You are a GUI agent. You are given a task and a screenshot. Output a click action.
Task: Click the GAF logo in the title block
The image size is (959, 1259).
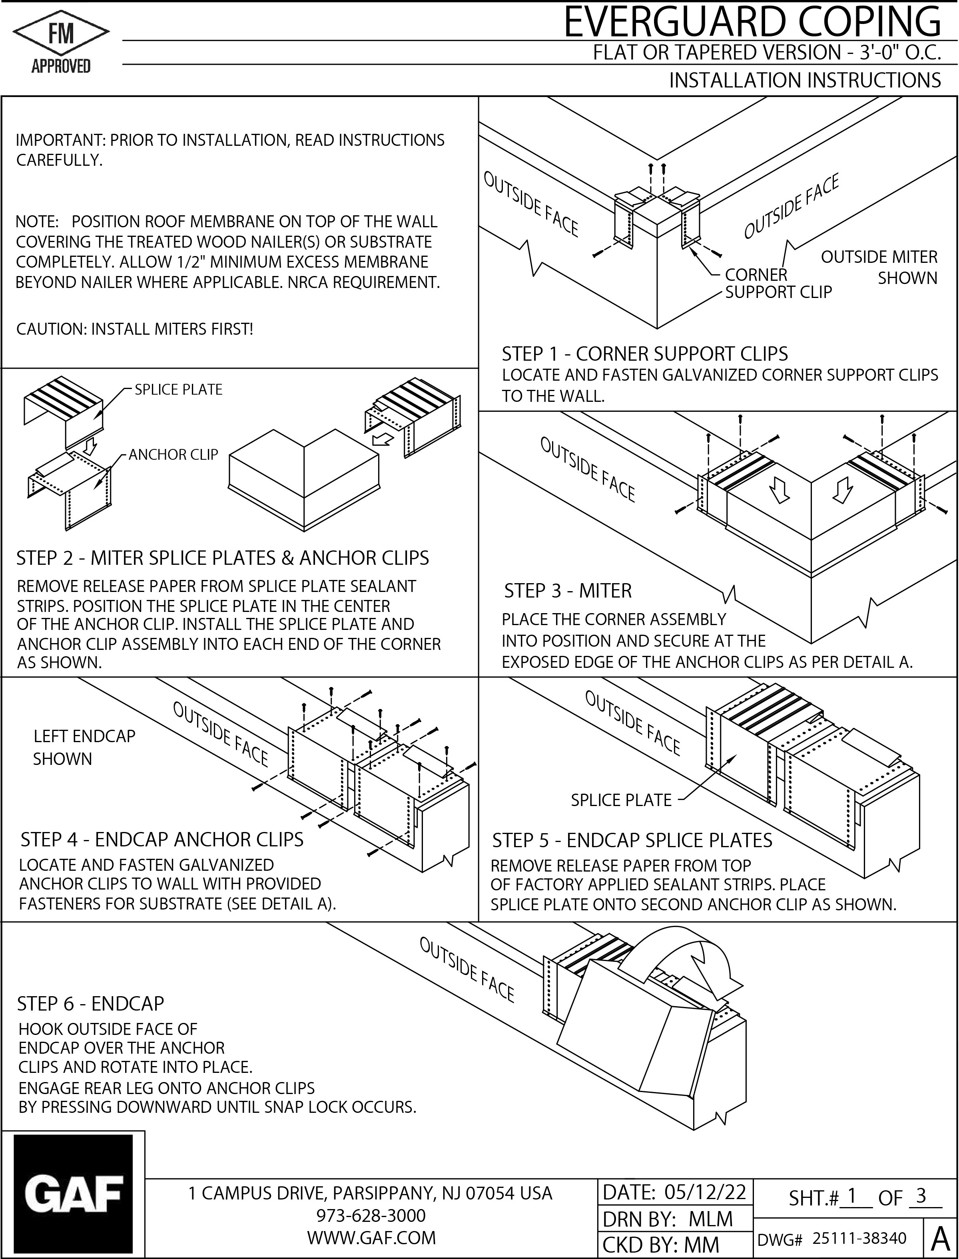click(74, 1193)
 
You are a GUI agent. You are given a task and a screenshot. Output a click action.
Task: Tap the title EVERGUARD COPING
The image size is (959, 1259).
click(752, 23)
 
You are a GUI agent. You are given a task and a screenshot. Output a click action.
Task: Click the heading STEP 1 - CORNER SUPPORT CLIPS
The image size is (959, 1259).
click(644, 354)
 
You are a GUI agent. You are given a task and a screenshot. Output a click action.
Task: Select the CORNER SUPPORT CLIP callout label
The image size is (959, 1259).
click(778, 284)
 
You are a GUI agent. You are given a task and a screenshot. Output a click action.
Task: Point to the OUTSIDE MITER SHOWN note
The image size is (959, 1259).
click(879, 268)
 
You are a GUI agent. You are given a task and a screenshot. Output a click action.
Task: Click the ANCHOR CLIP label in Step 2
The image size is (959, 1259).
click(173, 455)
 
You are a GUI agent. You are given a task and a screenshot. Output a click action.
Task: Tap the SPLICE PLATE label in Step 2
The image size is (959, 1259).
click(178, 389)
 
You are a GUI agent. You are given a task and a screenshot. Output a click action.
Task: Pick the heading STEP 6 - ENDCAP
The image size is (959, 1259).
click(90, 1003)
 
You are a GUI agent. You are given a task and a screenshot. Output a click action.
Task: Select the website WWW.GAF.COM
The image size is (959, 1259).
click(371, 1237)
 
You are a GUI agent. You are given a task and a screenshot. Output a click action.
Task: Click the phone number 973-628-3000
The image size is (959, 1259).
click(371, 1215)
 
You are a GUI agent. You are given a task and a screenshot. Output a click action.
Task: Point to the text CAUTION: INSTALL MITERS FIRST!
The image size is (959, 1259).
click(134, 329)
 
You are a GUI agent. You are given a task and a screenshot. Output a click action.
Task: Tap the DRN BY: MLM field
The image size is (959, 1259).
click(668, 1219)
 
